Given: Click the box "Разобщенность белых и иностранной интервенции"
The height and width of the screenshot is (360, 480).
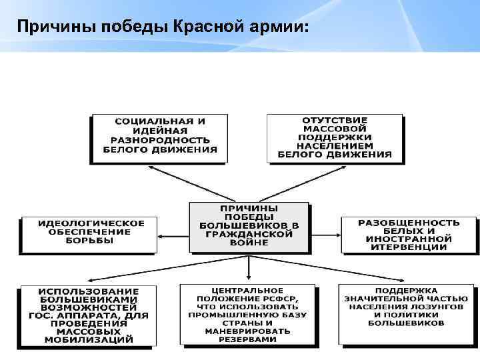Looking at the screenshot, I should pos(409,234).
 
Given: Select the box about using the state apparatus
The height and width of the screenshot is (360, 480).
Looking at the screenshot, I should pos(89,315).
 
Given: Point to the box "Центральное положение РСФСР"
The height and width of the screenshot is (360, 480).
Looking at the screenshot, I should pos(247,315).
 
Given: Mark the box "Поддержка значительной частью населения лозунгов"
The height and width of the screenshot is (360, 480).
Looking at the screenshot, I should pos(406,307).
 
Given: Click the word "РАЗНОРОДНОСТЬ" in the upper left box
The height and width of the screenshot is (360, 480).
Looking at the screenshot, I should pos(160,141).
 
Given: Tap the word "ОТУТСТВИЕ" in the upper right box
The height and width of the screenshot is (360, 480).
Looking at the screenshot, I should pos(335,120).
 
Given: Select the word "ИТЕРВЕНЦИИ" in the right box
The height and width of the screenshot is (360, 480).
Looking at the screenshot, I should pos(409,247).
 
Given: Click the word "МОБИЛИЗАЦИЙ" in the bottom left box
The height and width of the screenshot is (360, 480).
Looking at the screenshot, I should pos(89,339).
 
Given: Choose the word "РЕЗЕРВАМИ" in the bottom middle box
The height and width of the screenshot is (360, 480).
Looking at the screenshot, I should pos(247,339).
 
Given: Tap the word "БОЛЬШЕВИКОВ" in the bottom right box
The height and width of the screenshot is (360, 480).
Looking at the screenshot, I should pos(406,323).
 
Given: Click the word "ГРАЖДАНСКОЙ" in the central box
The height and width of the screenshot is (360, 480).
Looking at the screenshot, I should pos(249,235).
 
